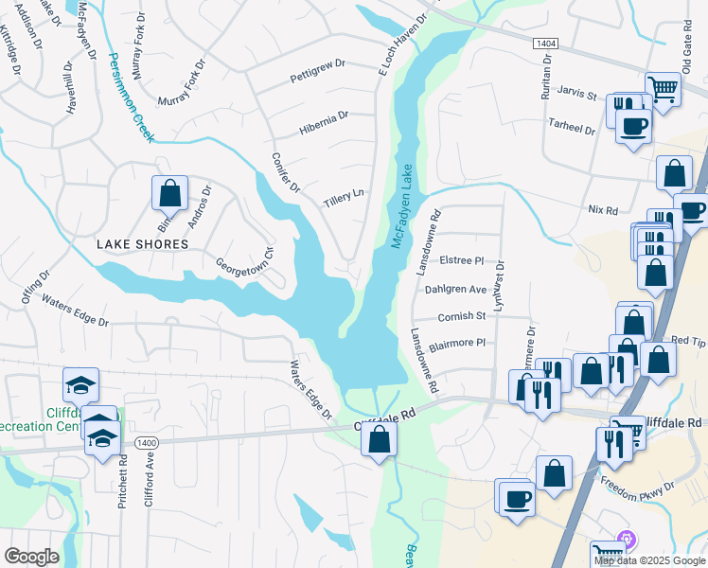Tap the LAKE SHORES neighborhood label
tap(143, 244)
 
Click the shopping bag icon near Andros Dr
tap(169, 193)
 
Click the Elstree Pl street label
tap(462, 260)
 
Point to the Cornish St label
tap(461, 316)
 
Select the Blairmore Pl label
tap(456, 344)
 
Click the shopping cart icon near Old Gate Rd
tap(664, 89)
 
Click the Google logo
tap(31, 557)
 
